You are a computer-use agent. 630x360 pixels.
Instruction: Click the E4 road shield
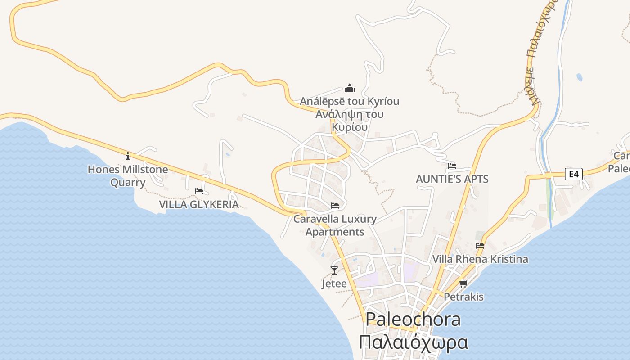(574, 174)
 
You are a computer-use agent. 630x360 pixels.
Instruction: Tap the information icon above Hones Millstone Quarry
(128, 156)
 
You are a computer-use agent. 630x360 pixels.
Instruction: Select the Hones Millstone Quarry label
(128, 176)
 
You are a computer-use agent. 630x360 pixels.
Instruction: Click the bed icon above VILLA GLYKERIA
(199, 191)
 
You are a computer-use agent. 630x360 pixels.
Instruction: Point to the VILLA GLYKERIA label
(199, 205)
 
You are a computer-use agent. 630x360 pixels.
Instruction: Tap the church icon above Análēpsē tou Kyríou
(350, 88)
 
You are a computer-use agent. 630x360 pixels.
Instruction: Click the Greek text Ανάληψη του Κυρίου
(350, 121)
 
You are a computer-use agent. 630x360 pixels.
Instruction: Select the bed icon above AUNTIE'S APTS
(452, 166)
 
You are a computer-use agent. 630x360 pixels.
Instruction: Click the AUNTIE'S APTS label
(452, 179)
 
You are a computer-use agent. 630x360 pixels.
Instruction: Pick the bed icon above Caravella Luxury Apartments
(335, 206)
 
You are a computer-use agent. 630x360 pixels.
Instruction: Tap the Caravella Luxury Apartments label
(335, 225)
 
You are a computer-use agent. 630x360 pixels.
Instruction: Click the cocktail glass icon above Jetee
(334, 270)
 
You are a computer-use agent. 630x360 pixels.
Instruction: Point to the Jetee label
(334, 284)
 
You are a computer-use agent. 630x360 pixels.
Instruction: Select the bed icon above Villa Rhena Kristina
(480, 246)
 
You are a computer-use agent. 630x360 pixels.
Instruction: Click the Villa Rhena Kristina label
(480, 259)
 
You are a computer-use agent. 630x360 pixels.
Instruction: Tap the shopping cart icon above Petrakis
(463, 283)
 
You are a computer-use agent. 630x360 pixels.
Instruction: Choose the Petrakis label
(463, 297)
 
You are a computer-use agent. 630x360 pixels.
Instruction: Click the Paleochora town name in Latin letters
(413, 319)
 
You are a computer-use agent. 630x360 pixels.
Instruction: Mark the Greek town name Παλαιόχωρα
(413, 342)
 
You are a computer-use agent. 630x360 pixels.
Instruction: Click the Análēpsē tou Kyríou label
(350, 101)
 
